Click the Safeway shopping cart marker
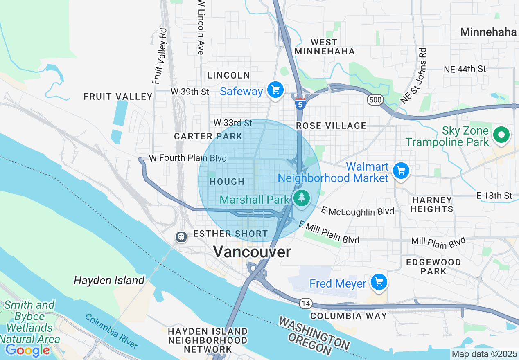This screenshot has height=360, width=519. coord(275,90)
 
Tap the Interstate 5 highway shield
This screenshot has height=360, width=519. coord(300,104)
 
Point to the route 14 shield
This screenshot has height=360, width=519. coord(305,303)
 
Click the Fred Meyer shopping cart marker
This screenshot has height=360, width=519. coord(379,282)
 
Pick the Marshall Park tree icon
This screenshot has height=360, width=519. coord(302,198)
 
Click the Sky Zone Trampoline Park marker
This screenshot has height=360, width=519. coord(501,135)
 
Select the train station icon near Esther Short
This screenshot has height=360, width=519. coord(181,236)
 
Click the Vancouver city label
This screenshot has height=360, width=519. coord(252,252)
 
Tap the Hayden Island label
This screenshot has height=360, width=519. coord(109,280)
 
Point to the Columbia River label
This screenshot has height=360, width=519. coord(111,331)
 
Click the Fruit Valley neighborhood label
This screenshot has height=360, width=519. coord(118,97)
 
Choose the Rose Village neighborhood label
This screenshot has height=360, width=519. coord(331,126)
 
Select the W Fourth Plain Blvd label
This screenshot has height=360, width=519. coord(187,158)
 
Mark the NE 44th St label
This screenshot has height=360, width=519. coord(465,69)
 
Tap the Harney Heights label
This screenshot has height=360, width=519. coord(432,205)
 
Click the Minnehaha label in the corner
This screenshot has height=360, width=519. coord(488,32)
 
